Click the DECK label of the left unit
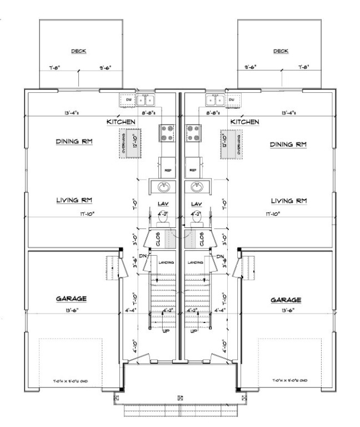coord(78,51)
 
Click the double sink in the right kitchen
coord(214,100)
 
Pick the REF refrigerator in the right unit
coord(193,170)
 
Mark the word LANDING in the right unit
coord(195,262)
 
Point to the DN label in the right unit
coord(220,256)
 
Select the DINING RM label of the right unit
coord(288,145)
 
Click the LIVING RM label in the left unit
coord(73,200)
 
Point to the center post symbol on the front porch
coord(179,398)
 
